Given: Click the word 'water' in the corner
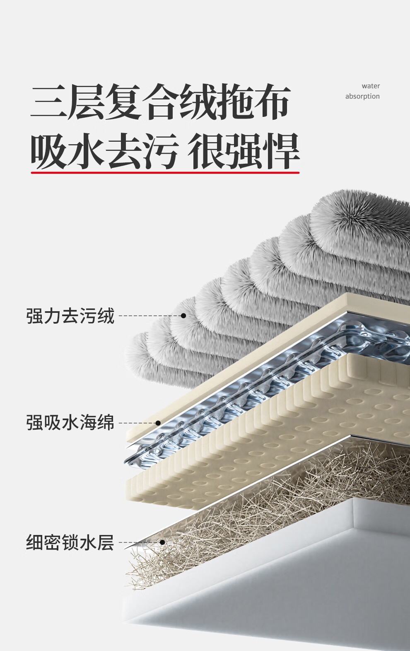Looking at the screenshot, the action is [371, 86].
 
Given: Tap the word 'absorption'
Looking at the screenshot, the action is [362, 96].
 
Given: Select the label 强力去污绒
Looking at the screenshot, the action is [70, 316].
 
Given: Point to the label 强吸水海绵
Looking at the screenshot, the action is [70, 423].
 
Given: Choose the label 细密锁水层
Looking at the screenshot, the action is [70, 542].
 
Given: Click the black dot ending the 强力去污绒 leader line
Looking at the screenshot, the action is [183, 316].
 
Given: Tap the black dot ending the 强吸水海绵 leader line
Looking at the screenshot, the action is [158, 423].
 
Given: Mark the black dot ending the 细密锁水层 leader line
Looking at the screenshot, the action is [162, 542].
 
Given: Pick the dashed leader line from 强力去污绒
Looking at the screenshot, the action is [149, 316].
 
